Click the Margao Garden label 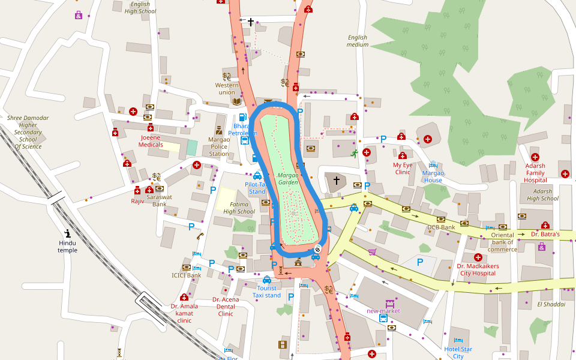click(288, 178)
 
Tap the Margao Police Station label click(219, 146)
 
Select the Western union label click(227, 89)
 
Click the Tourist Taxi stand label click(266, 292)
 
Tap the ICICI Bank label click(186, 275)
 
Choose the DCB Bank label click(441, 227)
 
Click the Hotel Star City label click(458, 353)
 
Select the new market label click(383, 311)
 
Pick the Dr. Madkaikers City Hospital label click(478, 269)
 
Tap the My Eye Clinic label click(402, 168)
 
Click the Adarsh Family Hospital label click(535, 173)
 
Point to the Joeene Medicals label click(151, 141)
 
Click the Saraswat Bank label click(159, 200)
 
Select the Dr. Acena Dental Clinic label click(226, 307)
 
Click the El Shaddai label click(551, 304)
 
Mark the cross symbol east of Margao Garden click(336, 180)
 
